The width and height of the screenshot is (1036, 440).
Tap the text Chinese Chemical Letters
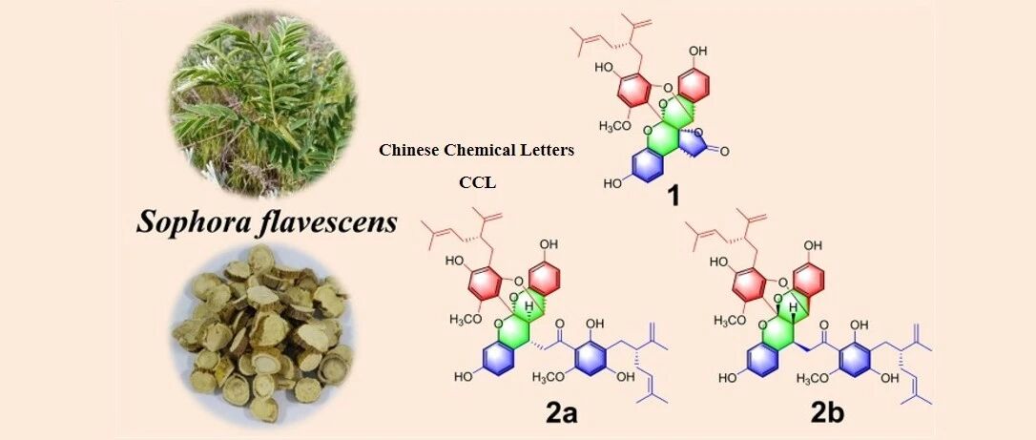click(476, 150)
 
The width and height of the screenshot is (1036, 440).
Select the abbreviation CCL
click(477, 182)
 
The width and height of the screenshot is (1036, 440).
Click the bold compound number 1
click(673, 196)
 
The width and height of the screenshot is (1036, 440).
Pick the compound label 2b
click(829, 415)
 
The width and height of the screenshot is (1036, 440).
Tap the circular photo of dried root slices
click(263, 335)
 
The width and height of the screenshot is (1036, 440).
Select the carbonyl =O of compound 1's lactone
click(723, 152)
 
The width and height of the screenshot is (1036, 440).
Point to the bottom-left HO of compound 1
click(612, 183)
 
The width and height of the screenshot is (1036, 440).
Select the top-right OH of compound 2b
click(813, 245)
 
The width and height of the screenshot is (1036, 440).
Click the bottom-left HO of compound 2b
click(728, 377)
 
